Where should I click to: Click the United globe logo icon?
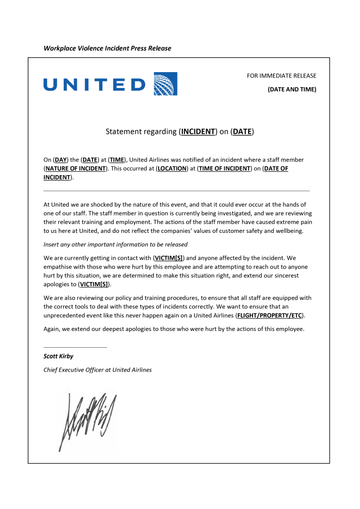pos(166,84)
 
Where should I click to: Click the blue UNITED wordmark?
pos(94,84)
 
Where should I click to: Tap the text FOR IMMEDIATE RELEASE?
pos(281,76)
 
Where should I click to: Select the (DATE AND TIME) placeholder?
pos(292,90)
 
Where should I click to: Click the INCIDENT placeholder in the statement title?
pos(198,132)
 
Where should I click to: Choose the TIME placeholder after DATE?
pos(117,160)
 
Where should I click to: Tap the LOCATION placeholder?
pos(172,169)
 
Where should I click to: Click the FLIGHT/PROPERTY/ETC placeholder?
pos(270,315)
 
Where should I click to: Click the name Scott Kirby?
pos(59,356)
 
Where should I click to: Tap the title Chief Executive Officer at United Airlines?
pos(97,370)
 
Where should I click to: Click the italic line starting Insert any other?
pos(115,245)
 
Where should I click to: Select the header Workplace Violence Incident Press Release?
pos(107,48)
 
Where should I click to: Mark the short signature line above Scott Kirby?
pos(75,347)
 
